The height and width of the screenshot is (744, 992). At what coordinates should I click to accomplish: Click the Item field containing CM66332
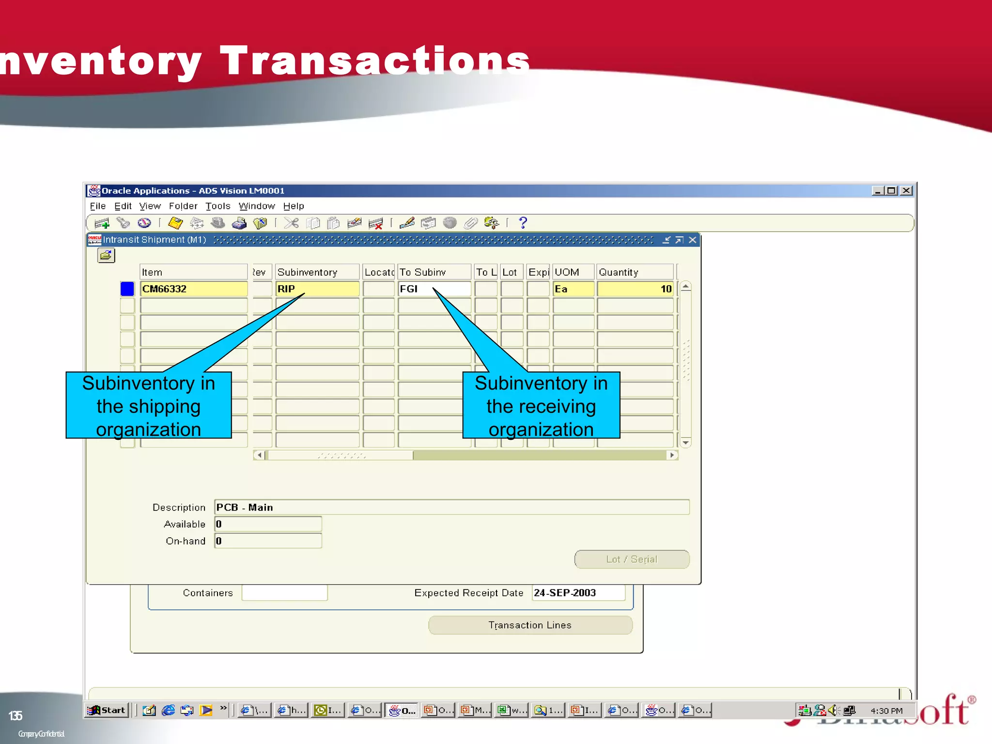click(x=194, y=289)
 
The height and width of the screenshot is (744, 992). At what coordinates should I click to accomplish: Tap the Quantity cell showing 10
click(x=635, y=289)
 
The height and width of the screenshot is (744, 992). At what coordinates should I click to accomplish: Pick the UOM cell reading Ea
click(x=573, y=289)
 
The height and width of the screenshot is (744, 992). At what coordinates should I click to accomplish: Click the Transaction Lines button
click(x=530, y=625)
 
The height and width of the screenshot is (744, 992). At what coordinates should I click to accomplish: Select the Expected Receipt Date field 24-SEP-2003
click(x=578, y=593)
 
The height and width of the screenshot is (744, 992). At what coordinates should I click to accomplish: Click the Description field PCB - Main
click(x=451, y=507)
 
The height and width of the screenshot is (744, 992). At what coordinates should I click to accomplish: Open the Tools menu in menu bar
click(x=217, y=206)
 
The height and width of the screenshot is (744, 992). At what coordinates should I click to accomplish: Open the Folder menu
click(x=183, y=206)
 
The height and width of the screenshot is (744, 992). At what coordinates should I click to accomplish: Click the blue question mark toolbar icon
click(x=523, y=223)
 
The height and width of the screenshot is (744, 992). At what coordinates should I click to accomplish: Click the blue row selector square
click(x=127, y=289)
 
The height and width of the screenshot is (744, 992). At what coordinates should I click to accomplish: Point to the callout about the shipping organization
click(x=148, y=406)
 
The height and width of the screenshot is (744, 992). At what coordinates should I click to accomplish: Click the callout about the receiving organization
click(x=541, y=406)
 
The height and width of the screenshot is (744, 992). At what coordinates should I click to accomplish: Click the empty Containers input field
click(x=284, y=593)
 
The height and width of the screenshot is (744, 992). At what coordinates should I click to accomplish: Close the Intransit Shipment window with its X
click(x=693, y=240)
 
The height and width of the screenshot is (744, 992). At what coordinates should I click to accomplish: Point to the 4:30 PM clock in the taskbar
click(x=886, y=711)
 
